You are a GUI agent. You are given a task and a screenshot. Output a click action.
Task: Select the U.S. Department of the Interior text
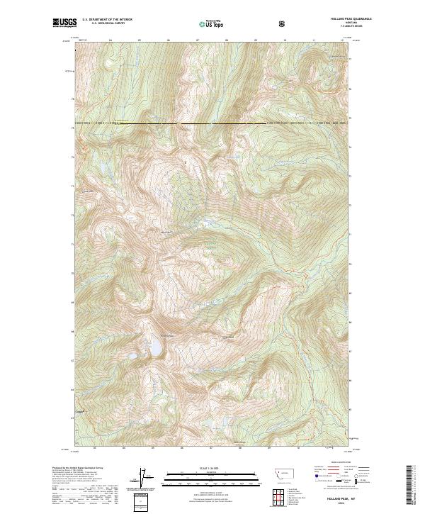(107, 20)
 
